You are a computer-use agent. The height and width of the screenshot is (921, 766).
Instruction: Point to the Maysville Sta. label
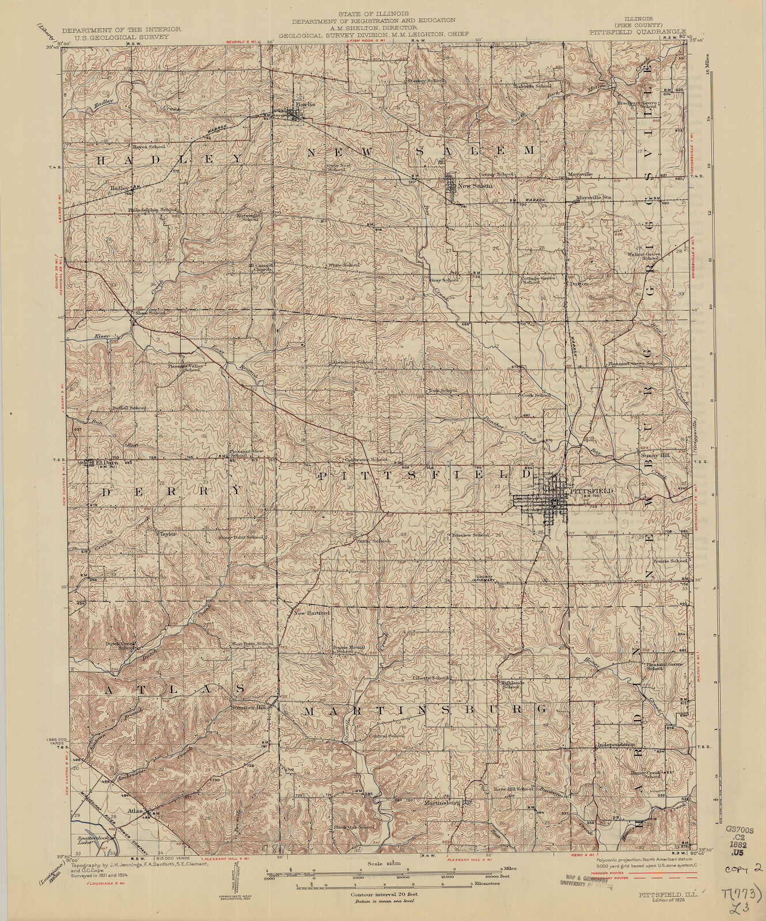tap(586, 197)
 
